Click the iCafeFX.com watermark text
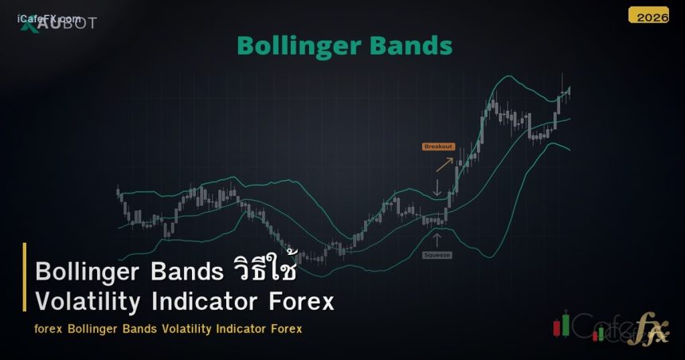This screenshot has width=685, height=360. [49, 19]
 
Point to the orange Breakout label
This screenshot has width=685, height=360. [438, 147]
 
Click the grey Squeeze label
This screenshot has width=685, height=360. [436, 254]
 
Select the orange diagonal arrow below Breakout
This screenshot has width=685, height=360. [444, 163]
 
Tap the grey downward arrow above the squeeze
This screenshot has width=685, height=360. [436, 188]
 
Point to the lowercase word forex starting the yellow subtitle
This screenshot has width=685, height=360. [49, 329]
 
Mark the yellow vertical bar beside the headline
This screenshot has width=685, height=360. [25, 287]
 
